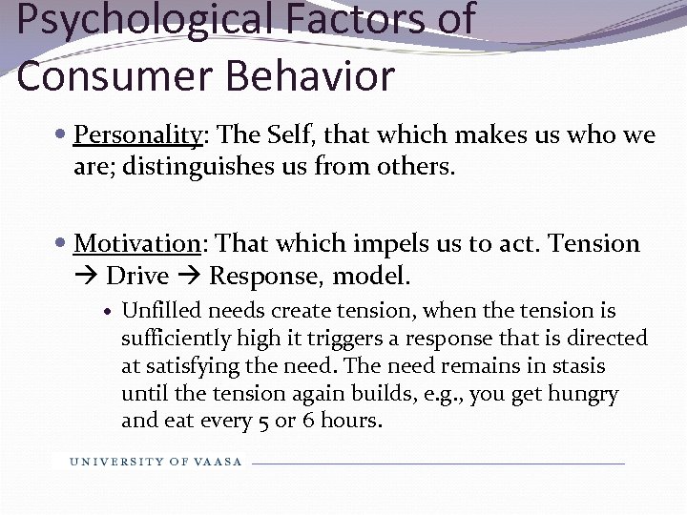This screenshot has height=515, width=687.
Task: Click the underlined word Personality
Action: pos(137,135)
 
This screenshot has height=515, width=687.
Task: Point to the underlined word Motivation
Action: pos(135,244)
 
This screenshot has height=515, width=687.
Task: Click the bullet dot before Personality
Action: pos(62,135)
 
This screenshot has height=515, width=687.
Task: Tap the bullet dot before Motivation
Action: pos(62,244)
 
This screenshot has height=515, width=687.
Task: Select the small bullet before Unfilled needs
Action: pos(110,312)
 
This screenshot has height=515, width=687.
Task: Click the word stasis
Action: pos(575,366)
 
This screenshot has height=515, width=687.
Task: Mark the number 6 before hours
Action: pos(304,422)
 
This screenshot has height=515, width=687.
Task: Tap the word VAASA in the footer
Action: pos(219,463)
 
